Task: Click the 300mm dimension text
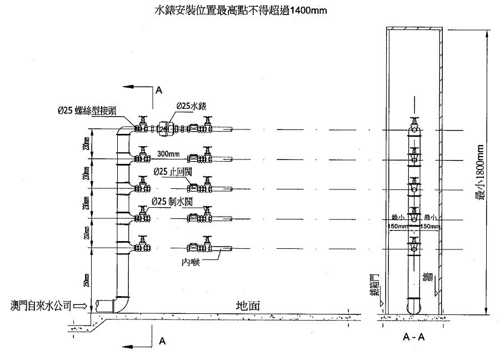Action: [168, 153]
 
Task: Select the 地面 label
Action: [246, 306]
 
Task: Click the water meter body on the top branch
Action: [164, 128]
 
